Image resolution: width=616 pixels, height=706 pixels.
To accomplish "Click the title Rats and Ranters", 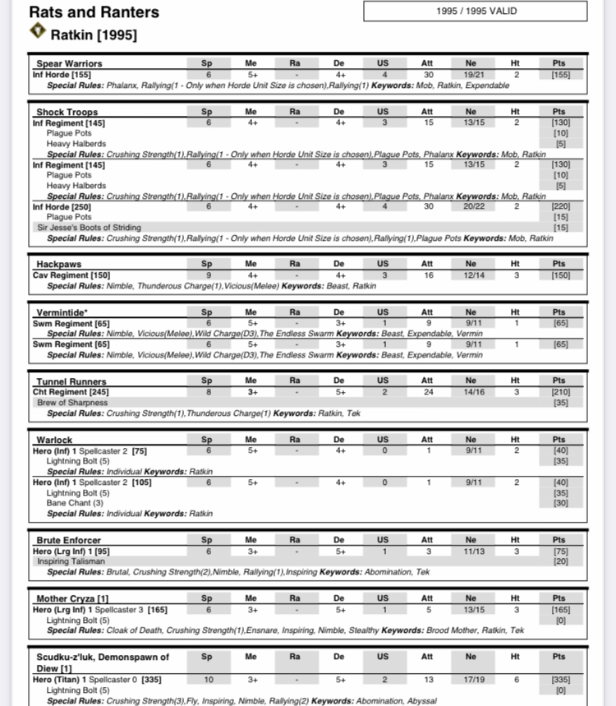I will (x=94, y=12).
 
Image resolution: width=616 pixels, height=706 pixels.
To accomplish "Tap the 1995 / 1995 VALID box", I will (x=476, y=12).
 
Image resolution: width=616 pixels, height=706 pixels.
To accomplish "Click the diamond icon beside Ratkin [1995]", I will (x=38, y=32).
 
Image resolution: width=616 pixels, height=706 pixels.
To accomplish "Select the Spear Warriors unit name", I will (x=68, y=64).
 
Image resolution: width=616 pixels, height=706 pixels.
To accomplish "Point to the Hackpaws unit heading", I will (x=58, y=265).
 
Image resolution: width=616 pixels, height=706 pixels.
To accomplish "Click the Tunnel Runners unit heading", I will (x=71, y=382).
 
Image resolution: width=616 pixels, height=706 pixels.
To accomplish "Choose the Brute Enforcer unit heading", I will (x=68, y=540).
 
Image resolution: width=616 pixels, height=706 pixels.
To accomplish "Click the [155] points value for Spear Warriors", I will (x=560, y=75).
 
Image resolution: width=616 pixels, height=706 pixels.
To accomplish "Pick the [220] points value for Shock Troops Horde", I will (x=560, y=207).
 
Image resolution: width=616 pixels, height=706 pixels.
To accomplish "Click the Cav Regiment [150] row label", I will (x=71, y=275).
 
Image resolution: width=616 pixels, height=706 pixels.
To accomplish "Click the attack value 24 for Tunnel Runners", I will (x=427, y=393).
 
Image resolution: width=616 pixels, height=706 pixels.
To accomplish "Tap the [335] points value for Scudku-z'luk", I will (x=560, y=680).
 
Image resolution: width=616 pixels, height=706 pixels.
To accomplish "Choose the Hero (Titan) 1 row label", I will (x=67, y=680).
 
